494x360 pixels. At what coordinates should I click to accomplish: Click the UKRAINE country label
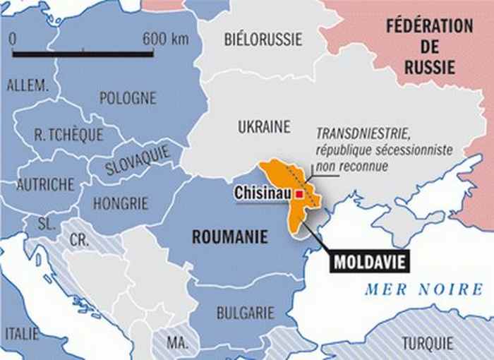263,127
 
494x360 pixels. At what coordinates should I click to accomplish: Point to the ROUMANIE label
230,237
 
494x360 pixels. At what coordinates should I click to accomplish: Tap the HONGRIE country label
121,203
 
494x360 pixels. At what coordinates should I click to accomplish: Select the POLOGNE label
128,98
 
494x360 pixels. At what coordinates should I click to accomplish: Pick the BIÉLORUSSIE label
263,38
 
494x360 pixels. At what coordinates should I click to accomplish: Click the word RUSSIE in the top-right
429,68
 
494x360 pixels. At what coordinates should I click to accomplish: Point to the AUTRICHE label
45,184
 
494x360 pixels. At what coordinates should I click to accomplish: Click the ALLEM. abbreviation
27,85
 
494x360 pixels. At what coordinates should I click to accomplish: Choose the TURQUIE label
428,344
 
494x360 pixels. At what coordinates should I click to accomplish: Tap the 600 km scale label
166,38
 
